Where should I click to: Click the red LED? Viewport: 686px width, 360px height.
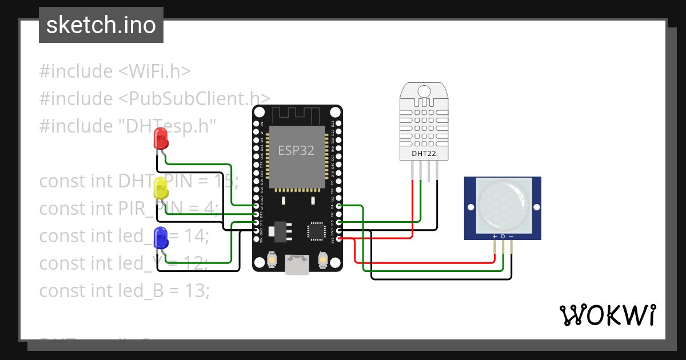[x=161, y=139]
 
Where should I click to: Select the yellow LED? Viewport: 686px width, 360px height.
[x=161, y=189]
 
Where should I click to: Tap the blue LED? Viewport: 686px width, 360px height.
[x=161, y=237]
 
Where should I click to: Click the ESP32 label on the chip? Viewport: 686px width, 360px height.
[x=296, y=151]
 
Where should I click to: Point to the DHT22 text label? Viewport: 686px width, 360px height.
[x=424, y=153]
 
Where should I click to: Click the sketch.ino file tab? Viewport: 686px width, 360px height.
[x=101, y=25]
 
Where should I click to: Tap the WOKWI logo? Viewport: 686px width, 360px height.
[x=607, y=315]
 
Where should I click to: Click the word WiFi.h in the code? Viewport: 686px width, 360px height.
[x=154, y=71]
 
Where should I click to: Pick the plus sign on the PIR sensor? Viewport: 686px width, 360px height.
[x=494, y=237]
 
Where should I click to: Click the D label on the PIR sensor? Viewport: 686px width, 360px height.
[x=503, y=237]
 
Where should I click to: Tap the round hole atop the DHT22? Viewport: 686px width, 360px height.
[x=424, y=91]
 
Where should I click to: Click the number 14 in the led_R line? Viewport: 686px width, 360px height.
[x=197, y=236]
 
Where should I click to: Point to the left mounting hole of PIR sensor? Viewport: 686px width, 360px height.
[x=470, y=207]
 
